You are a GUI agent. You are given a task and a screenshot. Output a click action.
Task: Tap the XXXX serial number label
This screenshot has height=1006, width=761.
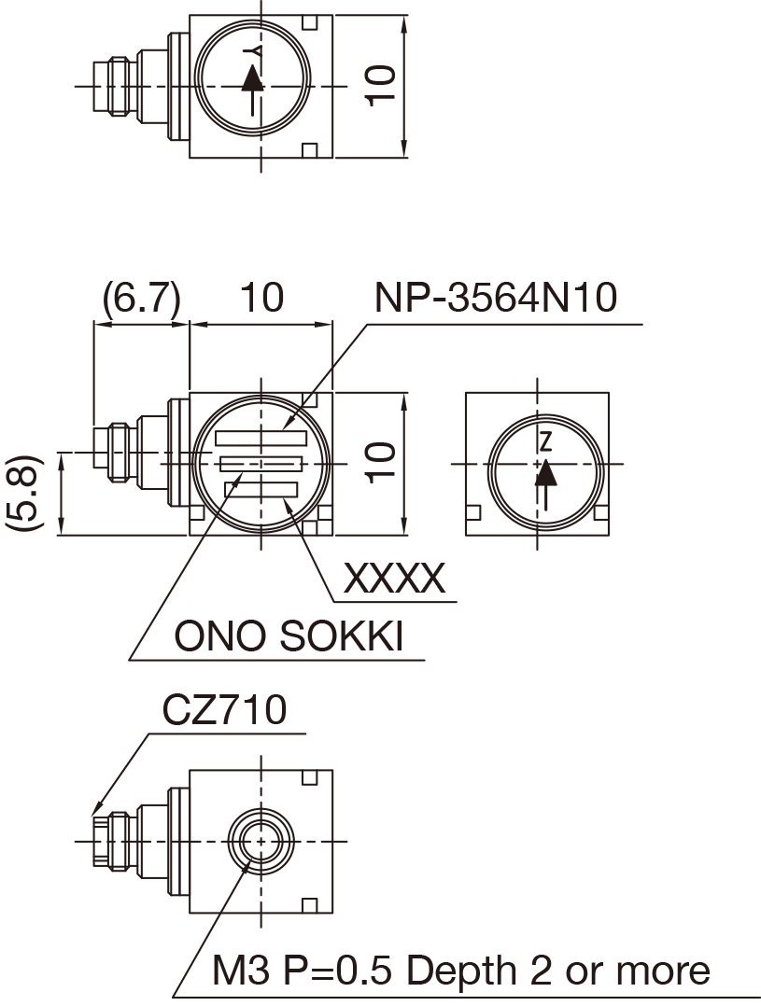tap(394, 580)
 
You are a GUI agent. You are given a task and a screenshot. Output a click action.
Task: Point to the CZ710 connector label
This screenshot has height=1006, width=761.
tap(224, 711)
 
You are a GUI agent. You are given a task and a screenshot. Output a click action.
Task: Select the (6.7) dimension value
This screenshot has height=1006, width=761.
tap(141, 299)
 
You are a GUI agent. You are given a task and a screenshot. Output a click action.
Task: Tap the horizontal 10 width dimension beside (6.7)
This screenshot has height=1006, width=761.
tap(261, 299)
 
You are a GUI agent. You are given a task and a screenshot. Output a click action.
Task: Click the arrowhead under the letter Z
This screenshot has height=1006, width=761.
tap(546, 473)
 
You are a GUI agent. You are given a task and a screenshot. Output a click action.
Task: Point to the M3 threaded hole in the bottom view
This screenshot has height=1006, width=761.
tap(261, 840)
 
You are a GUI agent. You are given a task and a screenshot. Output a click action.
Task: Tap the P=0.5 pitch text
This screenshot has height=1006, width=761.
tap(338, 971)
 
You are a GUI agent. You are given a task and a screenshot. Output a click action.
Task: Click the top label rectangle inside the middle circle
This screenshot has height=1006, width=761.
tap(261, 438)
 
